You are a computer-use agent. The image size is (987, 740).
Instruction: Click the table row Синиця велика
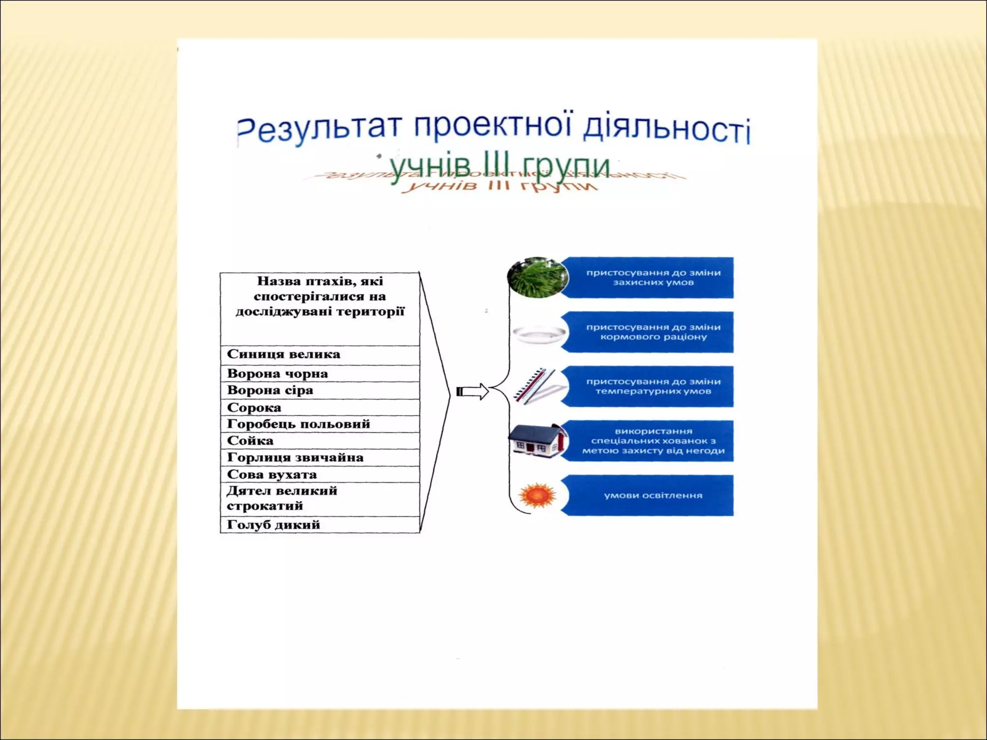point(320,355)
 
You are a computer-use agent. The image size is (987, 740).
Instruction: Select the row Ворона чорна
point(320,373)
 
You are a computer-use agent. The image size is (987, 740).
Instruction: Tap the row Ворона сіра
point(320,390)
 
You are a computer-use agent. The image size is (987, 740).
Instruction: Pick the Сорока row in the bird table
point(320,408)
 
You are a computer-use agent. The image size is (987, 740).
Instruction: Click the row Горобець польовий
point(320,424)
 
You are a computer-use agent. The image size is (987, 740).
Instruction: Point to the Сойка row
point(320,441)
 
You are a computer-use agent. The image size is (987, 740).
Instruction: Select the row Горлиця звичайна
point(320,458)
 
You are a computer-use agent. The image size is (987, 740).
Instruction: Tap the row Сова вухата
point(320,475)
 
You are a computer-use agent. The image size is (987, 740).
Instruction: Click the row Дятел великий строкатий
point(320,499)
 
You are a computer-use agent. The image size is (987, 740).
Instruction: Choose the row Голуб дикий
point(320,525)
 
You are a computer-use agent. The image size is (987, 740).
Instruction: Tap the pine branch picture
point(536,277)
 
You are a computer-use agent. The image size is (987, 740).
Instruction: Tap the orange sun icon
point(537,495)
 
